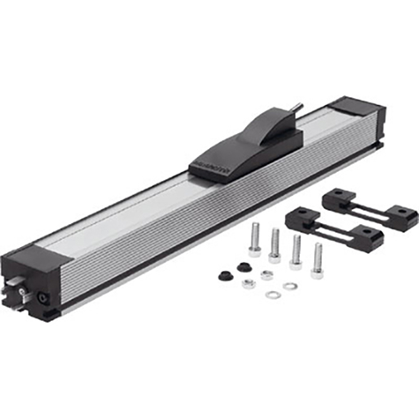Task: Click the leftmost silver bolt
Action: (255, 238)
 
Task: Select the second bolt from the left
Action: (275, 244)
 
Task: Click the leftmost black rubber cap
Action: (225, 275)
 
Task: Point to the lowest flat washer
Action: (272, 293)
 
